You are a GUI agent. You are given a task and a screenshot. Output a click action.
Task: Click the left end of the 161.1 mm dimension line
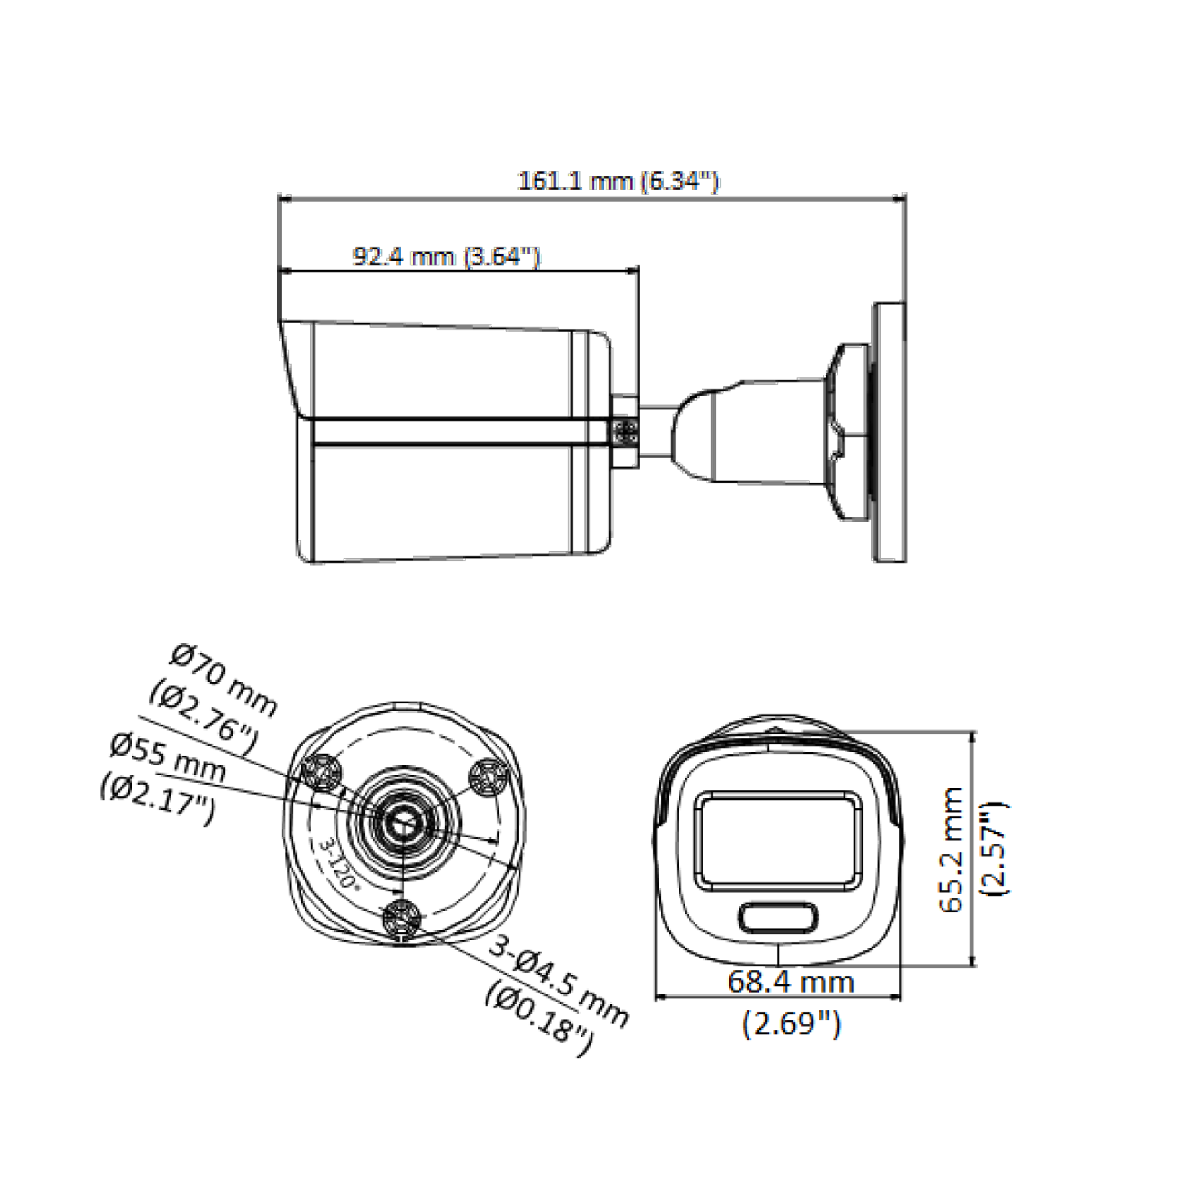[x=279, y=200]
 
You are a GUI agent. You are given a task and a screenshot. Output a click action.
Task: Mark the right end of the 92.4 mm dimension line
[x=638, y=270]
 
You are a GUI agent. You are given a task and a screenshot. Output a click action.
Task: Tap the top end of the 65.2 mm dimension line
[x=971, y=732]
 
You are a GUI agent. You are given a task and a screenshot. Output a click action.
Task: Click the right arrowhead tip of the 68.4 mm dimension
[x=900, y=997]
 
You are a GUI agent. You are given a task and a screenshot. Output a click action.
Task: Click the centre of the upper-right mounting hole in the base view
[x=488, y=777]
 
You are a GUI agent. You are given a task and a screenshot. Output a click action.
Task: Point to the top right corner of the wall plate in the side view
[x=905, y=303]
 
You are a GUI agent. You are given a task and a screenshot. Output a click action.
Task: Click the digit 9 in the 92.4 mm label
[x=360, y=256]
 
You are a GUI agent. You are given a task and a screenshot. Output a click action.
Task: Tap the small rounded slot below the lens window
[x=778, y=917]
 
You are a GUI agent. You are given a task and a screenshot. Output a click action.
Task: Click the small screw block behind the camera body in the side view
[x=625, y=431]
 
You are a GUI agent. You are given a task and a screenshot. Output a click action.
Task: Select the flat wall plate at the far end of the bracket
[x=890, y=432]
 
